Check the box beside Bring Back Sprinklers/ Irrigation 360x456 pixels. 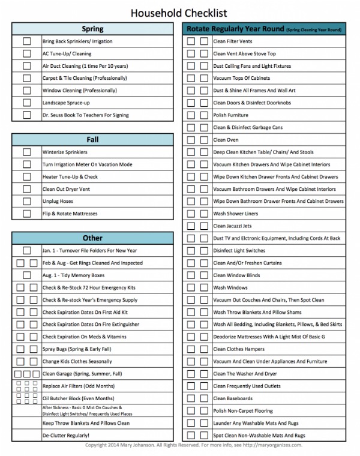(x=27, y=41)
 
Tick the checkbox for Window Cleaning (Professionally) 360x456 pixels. (x=27, y=91)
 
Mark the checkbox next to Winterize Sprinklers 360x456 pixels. (x=27, y=152)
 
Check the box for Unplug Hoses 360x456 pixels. (x=27, y=202)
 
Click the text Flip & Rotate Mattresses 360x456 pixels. (x=70, y=214)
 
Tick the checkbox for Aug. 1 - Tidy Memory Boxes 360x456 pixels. (x=27, y=275)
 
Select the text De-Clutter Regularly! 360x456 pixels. (x=66, y=435)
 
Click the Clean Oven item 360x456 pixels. (x=226, y=140)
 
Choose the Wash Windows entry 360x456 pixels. (x=230, y=287)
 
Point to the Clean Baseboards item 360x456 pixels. (x=232, y=398)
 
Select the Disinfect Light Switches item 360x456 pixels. (x=239, y=251)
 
